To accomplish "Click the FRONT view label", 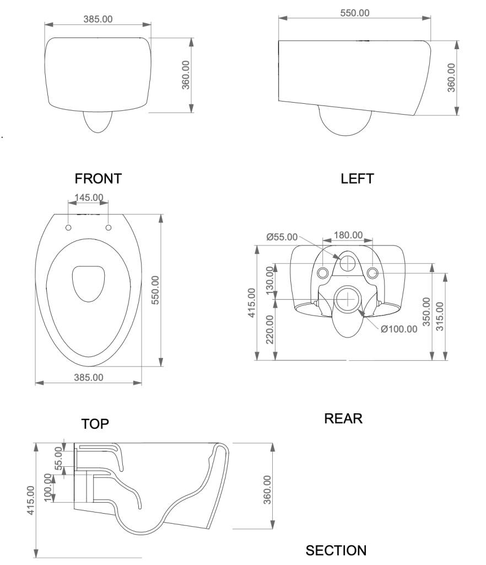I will [x=98, y=179].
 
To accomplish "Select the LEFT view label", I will [x=357, y=179].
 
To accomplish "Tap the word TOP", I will [x=95, y=424].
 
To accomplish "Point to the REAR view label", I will [x=343, y=418].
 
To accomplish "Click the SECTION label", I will [x=336, y=550].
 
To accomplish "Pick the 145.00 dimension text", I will [x=88, y=197].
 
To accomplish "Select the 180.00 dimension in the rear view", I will [x=348, y=235].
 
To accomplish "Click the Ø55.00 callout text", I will [x=282, y=237].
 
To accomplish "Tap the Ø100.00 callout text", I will [x=399, y=329].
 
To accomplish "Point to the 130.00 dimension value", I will [x=270, y=280].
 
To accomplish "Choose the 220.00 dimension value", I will [x=270, y=329].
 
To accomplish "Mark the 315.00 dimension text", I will [x=440, y=316].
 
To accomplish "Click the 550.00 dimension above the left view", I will [x=355, y=13].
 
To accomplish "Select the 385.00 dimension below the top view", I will [x=89, y=377].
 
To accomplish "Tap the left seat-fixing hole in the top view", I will [x=68, y=228].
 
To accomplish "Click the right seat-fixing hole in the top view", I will [x=108, y=227].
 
